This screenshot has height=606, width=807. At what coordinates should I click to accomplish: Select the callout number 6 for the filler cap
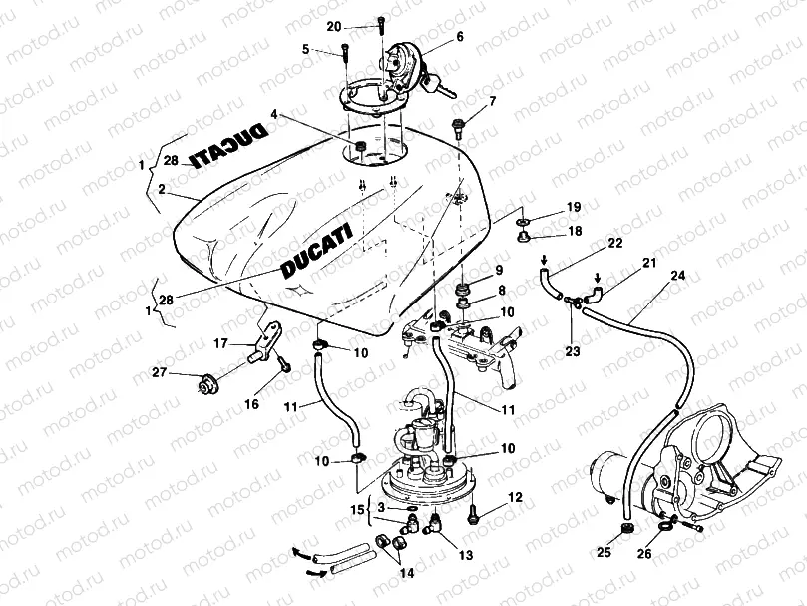coord(459,36)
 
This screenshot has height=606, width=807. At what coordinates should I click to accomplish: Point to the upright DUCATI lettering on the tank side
coord(316,252)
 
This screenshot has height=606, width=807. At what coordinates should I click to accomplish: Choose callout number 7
coord(491,101)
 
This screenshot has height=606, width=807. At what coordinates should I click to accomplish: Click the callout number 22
coord(614,243)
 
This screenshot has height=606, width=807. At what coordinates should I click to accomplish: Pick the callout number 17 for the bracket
coord(221,344)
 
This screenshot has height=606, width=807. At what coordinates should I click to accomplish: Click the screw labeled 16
coord(285,366)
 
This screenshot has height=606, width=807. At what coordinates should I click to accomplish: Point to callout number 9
coord(498,270)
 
